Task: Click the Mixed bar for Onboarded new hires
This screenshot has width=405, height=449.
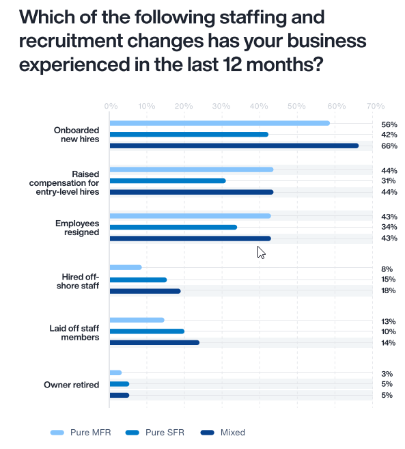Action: (234, 146)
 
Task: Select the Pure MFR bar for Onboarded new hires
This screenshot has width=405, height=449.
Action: (219, 123)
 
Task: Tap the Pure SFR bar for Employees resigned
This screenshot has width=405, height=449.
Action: (173, 227)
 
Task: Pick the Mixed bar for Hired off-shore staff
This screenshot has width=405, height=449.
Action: (145, 291)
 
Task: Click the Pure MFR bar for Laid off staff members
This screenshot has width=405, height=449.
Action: (137, 320)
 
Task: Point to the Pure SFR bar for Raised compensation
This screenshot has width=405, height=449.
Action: (168, 181)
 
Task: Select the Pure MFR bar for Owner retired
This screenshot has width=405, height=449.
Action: (116, 372)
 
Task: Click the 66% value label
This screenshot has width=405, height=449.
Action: (389, 146)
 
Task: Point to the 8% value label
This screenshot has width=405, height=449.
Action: (387, 269)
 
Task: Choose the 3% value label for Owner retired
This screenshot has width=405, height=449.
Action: (387, 373)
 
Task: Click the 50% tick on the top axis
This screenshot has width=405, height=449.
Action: (296, 107)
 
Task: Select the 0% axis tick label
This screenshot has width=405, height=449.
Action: (111, 107)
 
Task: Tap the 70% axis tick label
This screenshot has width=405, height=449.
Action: (375, 107)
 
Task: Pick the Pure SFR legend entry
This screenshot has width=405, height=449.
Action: (153, 433)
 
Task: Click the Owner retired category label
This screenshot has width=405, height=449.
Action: (72, 384)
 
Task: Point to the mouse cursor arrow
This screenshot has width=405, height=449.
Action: (261, 252)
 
